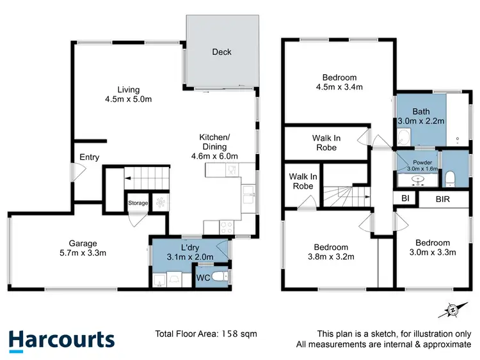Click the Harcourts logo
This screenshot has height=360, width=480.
point(61,340)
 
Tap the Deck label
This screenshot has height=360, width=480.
point(221,52)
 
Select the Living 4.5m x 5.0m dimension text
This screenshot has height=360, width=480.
point(128,100)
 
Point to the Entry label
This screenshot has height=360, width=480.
point(89,157)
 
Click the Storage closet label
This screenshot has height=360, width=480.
point(138,203)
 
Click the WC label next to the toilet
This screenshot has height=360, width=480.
point(202,278)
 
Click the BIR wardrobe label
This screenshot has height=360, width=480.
point(442,199)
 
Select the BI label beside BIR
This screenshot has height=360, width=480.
point(405,199)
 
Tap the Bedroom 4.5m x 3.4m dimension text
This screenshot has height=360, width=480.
point(339,82)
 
